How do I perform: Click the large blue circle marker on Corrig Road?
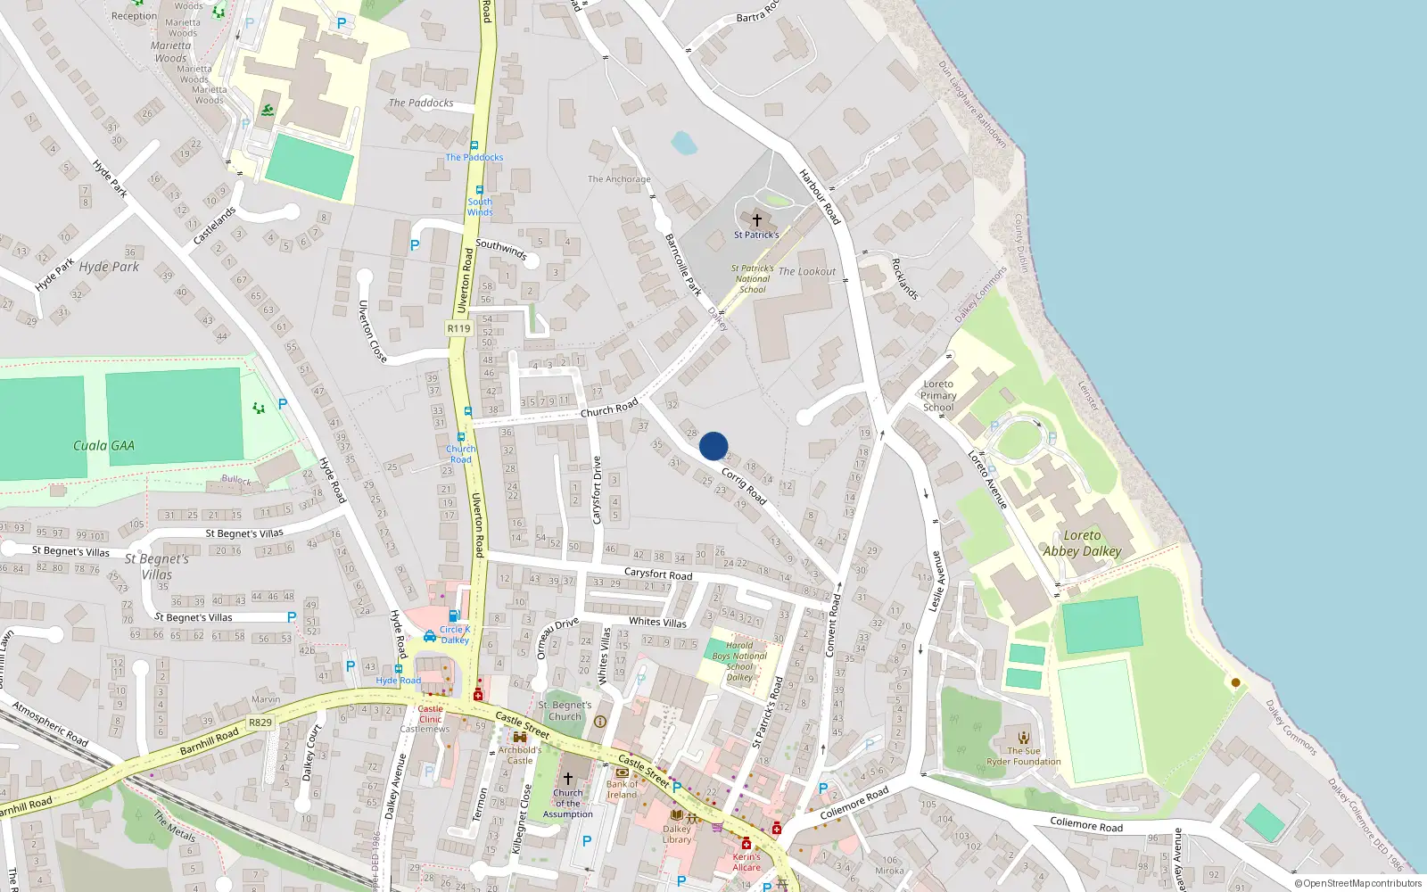click(x=713, y=446)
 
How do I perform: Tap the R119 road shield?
click(x=458, y=328)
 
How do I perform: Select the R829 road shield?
click(x=260, y=723)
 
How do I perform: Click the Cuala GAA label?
click(x=103, y=446)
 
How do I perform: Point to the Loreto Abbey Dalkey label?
click(x=1082, y=543)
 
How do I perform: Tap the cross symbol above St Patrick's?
click(x=757, y=219)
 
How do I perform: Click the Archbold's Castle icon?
click(x=519, y=738)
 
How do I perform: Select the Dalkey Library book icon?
click(x=676, y=815)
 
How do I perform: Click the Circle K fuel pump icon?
click(x=454, y=615)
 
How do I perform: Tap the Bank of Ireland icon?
click(x=622, y=772)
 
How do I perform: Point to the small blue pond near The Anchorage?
click(x=684, y=143)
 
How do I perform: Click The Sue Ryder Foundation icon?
click(x=1024, y=738)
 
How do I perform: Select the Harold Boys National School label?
click(x=739, y=661)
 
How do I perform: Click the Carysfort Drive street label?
click(x=597, y=483)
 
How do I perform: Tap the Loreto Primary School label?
click(x=938, y=395)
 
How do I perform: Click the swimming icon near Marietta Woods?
click(x=268, y=111)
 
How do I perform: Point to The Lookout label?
click(x=807, y=271)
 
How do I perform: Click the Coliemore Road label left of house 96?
click(x=1086, y=824)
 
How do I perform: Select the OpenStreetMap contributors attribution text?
click(x=1358, y=883)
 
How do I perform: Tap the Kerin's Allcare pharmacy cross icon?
click(x=746, y=844)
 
